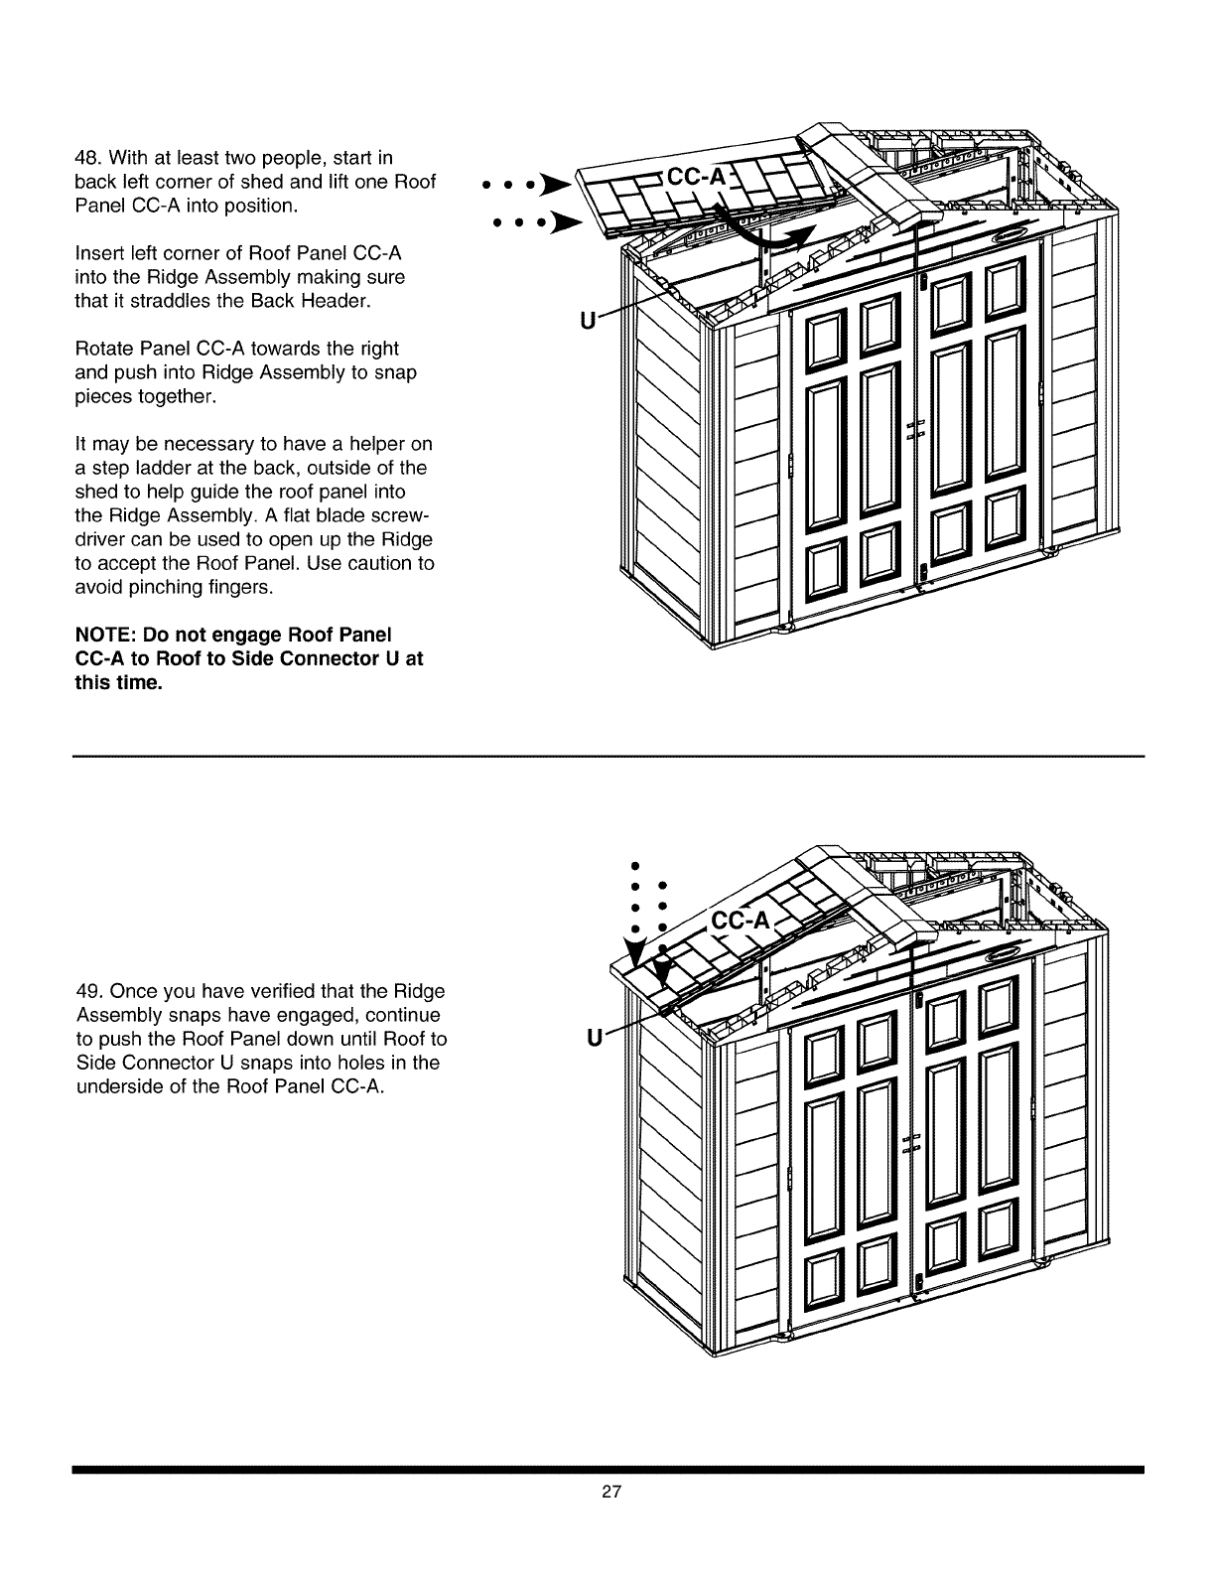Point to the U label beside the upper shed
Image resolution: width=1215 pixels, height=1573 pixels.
click(x=587, y=321)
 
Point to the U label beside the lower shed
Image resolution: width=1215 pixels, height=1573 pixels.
click(x=594, y=1040)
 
